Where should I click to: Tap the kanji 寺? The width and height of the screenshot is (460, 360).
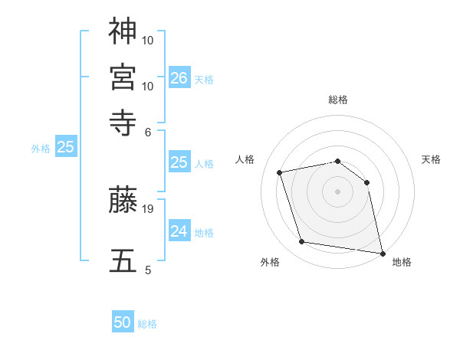tap(123, 122)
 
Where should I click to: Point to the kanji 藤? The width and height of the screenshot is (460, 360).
tap(123, 200)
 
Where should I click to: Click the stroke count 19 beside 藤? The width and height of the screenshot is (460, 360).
tap(149, 208)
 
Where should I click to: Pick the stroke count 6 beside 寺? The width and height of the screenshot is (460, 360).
tap(149, 132)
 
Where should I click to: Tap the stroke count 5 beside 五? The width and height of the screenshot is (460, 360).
tap(149, 270)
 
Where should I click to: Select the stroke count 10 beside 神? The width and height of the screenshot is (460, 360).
tap(149, 39)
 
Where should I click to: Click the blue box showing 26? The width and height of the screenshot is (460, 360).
tap(179, 78)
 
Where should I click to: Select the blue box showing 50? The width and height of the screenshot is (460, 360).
tap(123, 323)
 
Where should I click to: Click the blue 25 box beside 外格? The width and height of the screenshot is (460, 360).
tap(65, 147)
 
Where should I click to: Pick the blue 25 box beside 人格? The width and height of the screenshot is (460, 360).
tap(179, 162)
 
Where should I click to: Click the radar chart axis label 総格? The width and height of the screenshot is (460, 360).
tap(338, 100)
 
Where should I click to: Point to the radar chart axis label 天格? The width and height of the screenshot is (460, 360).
tap(432, 159)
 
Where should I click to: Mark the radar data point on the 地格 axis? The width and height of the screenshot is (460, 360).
tap(382, 253)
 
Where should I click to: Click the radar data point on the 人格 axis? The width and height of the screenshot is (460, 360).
tap(280, 172)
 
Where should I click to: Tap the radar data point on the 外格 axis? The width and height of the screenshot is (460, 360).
tap(302, 242)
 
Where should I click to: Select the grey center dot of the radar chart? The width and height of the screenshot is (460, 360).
tap(338, 191)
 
